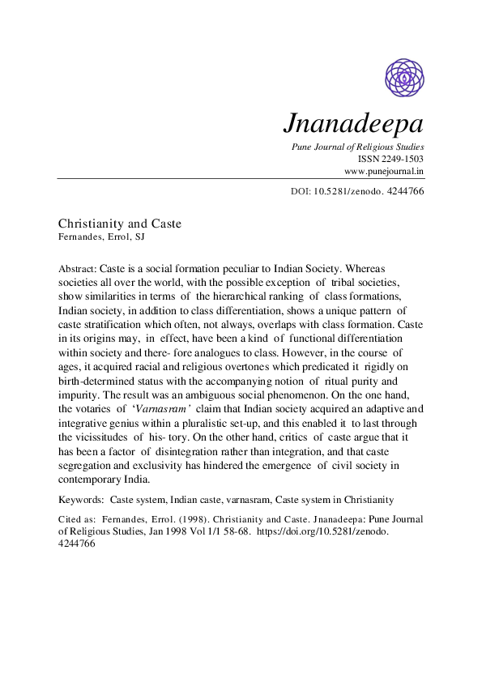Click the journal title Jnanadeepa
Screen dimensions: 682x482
click(353, 124)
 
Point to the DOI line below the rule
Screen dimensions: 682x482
click(356, 192)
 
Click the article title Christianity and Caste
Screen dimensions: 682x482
click(120, 223)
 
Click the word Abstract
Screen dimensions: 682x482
click(76, 267)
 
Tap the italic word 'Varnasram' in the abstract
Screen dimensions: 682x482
click(165, 409)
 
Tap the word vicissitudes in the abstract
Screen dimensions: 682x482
click(108, 437)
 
